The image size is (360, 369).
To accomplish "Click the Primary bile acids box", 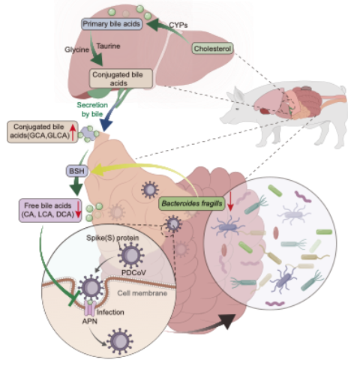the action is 112,24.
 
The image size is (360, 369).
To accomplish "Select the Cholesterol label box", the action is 212,49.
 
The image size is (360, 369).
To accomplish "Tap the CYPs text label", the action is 178,25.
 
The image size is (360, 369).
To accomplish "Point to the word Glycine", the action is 76,49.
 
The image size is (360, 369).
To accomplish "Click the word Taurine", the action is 108,46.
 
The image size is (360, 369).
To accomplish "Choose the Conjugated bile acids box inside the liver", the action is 121,79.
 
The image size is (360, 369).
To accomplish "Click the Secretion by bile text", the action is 92,109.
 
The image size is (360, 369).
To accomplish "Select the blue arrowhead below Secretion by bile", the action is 106,125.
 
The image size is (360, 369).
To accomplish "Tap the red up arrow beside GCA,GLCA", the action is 73,132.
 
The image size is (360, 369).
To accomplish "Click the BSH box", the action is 77,171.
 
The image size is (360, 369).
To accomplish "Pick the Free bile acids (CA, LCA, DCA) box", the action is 50,210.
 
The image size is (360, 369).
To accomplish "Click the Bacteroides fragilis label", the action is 192,203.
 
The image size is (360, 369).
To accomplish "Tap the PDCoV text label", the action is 133,272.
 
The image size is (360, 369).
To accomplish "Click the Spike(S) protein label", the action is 112,238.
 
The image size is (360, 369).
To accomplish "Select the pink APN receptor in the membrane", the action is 90,308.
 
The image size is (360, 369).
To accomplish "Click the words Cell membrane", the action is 142,293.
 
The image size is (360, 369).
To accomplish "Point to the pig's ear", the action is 238,94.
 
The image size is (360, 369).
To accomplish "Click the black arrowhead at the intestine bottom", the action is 226,321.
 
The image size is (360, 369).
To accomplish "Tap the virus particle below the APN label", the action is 120,341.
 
